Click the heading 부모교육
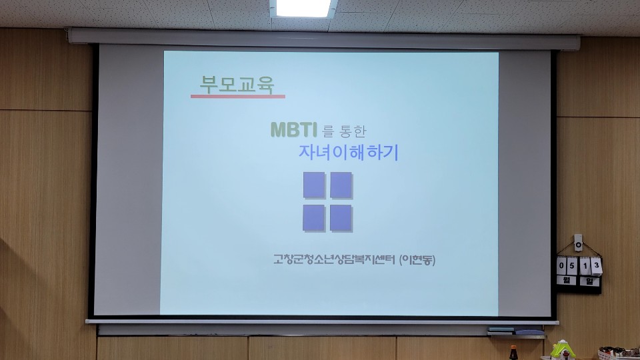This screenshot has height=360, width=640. click(237, 85)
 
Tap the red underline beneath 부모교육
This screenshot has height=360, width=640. click(238, 97)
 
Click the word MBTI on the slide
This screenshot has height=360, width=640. click(294, 129)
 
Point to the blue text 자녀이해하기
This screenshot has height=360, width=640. click(348, 152)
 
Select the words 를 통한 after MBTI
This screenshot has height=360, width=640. click(344, 131)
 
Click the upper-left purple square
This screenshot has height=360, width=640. click(314, 185)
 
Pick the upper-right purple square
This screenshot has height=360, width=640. click(341, 185)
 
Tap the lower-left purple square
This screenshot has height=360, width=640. click(314, 218)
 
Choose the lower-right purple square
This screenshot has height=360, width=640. click(341, 218)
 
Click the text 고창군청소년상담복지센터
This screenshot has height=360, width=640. click(335, 259)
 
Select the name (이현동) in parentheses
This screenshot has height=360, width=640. click(417, 259)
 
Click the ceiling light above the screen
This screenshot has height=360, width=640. click(303, 8)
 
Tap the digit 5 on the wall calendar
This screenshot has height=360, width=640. click(572, 266)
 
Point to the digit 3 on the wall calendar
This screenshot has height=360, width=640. click(596, 265)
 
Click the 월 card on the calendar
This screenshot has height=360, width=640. click(566, 281)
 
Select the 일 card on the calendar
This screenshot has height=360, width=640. click(589, 281)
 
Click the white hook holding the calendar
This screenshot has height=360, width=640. click(578, 243)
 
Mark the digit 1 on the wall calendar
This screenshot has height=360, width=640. click(585, 266)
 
